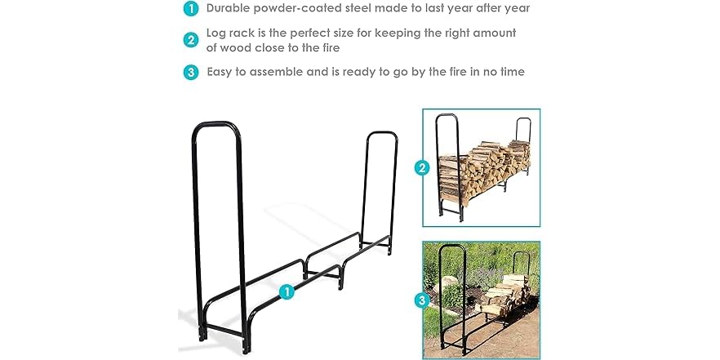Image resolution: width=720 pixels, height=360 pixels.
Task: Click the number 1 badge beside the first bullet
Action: click(190, 9)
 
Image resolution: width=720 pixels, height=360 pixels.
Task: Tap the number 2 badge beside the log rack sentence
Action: click(190, 40)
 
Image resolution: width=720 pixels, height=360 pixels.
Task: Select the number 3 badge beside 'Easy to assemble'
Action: click(190, 72)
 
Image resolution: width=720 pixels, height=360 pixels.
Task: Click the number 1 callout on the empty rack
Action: click(287, 291)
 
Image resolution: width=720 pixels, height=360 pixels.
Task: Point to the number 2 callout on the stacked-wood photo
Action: click(422, 169)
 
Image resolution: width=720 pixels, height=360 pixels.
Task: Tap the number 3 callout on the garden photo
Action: click(422, 300)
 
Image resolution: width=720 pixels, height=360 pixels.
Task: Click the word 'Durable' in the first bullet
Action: click(229, 8)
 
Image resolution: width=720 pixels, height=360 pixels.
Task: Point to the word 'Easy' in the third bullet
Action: click(221, 72)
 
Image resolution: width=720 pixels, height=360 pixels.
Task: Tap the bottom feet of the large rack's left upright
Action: click(202, 331)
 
